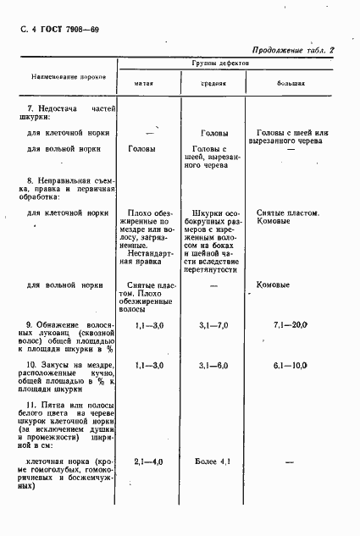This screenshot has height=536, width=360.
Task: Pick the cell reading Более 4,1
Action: pos(213,462)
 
